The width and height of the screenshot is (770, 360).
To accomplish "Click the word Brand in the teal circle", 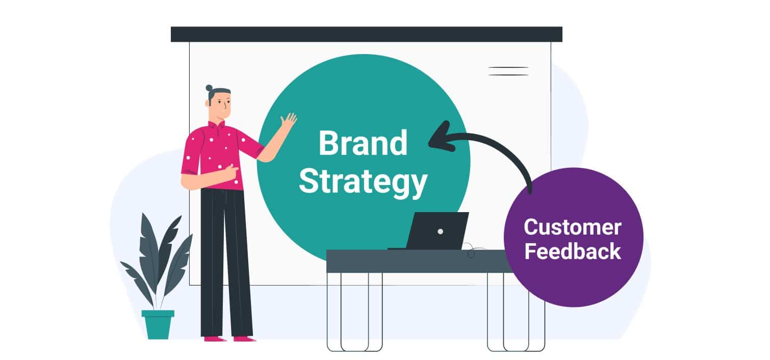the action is [x=363, y=143].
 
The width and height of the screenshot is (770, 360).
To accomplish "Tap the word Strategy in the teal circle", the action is [x=363, y=182].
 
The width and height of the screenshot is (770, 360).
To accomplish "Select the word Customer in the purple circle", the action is [x=573, y=227].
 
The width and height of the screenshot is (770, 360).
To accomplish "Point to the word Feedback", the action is [x=573, y=251].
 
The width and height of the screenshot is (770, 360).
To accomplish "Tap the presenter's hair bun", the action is [x=209, y=88].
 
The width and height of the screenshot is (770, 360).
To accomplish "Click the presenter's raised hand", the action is [x=288, y=121].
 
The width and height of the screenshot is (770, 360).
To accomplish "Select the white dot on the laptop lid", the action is [x=441, y=232].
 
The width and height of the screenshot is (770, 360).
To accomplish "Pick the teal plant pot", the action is [x=158, y=324].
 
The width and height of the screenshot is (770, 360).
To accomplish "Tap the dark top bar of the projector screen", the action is [x=367, y=34].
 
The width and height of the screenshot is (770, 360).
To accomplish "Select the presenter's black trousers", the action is [x=226, y=263].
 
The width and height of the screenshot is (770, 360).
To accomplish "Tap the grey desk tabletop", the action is [x=418, y=261].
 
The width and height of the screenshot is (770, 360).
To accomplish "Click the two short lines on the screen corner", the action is [x=508, y=71].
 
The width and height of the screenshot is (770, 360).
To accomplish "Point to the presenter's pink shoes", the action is [x=229, y=339].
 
